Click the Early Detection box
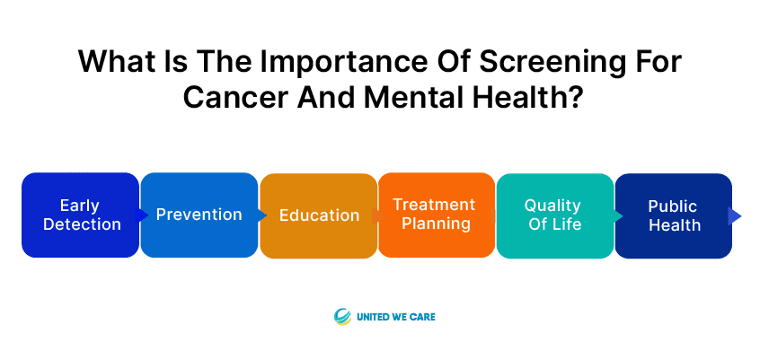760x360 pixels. tap(81, 215)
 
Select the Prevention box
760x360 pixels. tap(199, 215)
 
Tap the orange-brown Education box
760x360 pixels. tap(318, 215)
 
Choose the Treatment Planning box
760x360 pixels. tap(437, 215)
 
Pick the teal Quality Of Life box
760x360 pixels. tap(555, 215)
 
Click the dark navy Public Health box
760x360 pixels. tap(674, 215)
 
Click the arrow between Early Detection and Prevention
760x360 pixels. tap(142, 215)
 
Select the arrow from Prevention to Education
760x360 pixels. tap(261, 215)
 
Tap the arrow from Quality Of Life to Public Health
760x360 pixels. tap(617, 215)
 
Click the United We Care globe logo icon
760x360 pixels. tap(342, 317)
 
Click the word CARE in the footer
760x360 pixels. tap(424, 318)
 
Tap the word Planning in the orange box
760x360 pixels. tap(437, 224)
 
